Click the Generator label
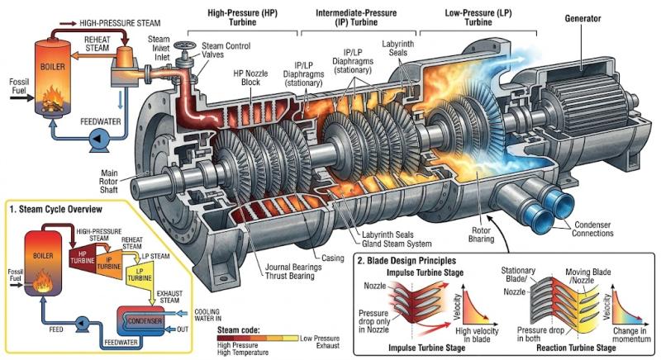(x=583, y=18)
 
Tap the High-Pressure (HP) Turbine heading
(x=242, y=17)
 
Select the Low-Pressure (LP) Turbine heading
(x=478, y=17)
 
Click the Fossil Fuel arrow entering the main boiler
(x=21, y=98)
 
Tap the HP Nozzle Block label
(x=250, y=78)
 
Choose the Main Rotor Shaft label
(x=108, y=182)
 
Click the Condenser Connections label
(x=592, y=229)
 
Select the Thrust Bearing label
(x=290, y=277)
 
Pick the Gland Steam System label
(x=397, y=244)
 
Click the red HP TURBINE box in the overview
(x=82, y=258)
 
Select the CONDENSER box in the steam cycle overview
(x=144, y=321)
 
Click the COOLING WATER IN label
(x=207, y=315)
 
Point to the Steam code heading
(x=239, y=329)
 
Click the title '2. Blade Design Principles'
(x=407, y=261)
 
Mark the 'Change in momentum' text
(x=631, y=334)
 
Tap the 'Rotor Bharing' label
(x=481, y=235)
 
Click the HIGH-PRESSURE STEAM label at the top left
(x=120, y=23)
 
